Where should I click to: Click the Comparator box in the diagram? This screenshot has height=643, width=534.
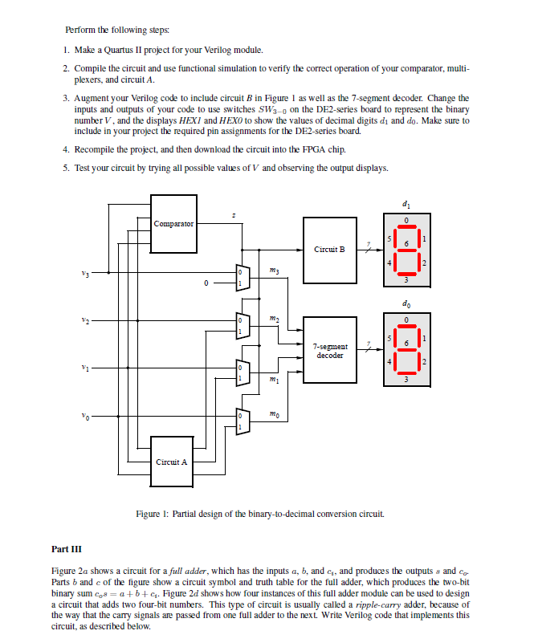[174, 222]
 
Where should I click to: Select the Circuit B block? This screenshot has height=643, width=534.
[329, 249]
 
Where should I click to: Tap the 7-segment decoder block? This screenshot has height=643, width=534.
[329, 350]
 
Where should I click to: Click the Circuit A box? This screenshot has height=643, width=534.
[172, 461]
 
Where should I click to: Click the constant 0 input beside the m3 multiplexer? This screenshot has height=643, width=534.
[206, 283]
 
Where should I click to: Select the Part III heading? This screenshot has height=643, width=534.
[65, 549]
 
